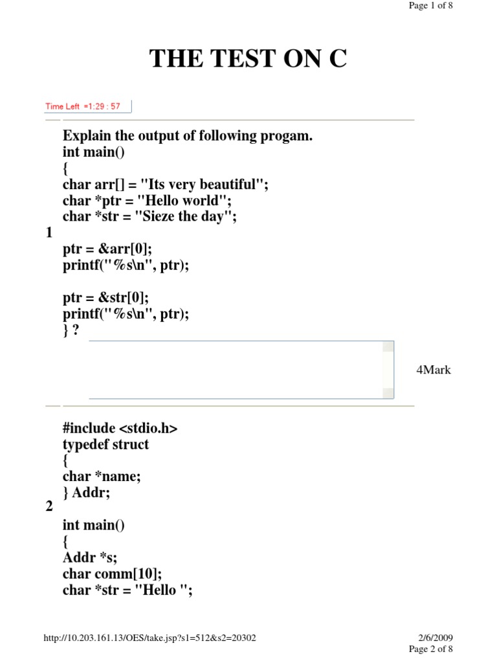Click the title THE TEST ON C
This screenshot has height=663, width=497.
pos(248,59)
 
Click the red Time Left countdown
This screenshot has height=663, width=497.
pos(83,106)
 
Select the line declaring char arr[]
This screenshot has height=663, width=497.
pos(165,185)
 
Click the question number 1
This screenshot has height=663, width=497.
pos(49,233)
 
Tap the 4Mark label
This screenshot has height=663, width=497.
pos(434,370)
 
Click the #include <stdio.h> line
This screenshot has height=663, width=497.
pos(120,428)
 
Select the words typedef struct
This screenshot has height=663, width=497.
pos(105,444)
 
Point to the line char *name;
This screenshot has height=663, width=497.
pos(102,477)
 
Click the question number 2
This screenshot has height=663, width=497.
pos(49,507)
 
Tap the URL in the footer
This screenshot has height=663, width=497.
pos(149,638)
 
